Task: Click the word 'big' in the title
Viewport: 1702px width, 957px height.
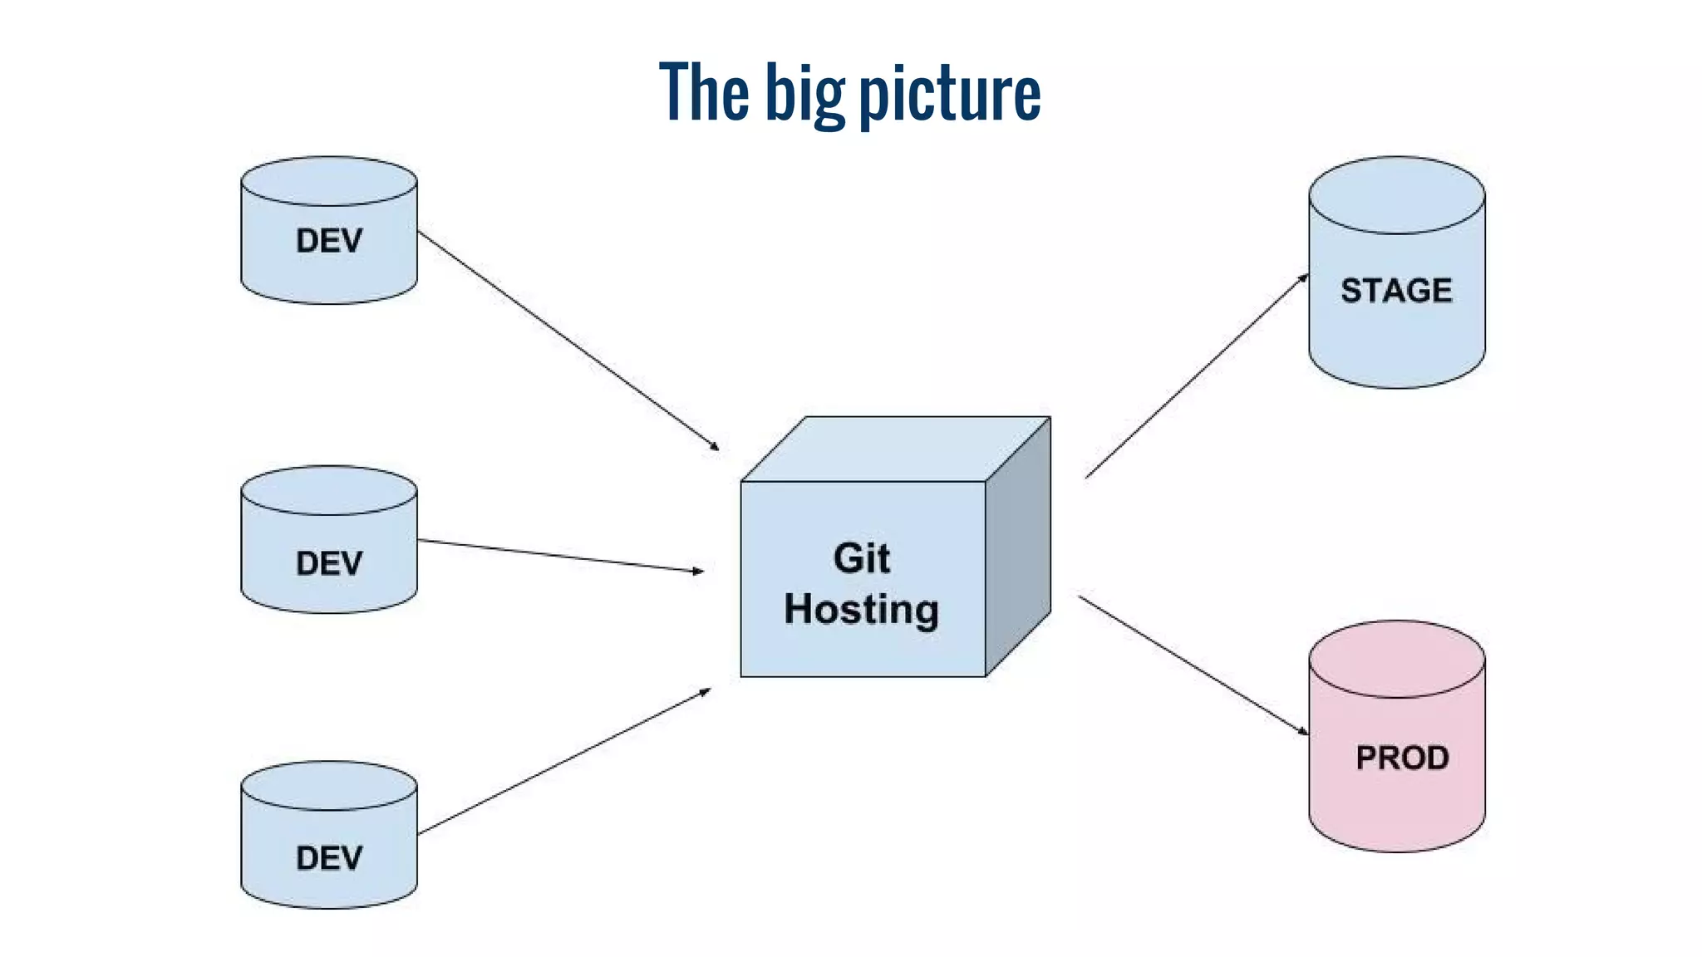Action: pos(804,93)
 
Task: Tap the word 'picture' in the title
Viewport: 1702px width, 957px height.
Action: pos(949,93)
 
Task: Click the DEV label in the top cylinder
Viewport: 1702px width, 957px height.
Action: pos(329,241)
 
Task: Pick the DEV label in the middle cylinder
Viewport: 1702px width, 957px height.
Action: pos(329,563)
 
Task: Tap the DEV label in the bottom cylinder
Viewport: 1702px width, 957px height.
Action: pos(329,858)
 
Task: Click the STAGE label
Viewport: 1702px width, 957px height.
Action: pos(1396,291)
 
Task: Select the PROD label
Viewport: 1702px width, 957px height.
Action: pos(1402,758)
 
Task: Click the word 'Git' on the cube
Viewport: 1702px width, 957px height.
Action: pos(862,558)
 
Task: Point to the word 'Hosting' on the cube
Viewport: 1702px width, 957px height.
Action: pos(862,610)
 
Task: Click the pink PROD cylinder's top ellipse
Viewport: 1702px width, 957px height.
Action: pos(1396,659)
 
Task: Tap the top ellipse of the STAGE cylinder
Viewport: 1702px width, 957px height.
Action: pos(1396,195)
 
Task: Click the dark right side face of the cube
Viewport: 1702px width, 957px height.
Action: pos(1018,548)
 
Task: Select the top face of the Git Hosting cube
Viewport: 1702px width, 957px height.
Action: pos(896,449)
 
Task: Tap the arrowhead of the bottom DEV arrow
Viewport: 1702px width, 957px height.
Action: pos(706,691)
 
